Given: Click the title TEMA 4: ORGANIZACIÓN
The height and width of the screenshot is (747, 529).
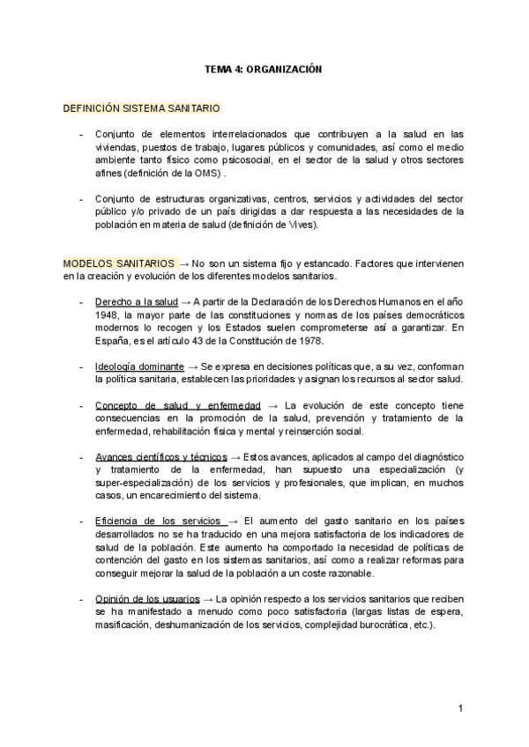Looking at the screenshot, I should pyautogui.click(x=264, y=69).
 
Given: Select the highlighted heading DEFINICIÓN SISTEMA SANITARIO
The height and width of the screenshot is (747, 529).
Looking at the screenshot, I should pyautogui.click(x=140, y=108).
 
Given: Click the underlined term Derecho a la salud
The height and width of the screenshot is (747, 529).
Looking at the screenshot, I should pyautogui.click(x=137, y=301).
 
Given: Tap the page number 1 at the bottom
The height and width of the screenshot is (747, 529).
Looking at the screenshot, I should pyautogui.click(x=461, y=708).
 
